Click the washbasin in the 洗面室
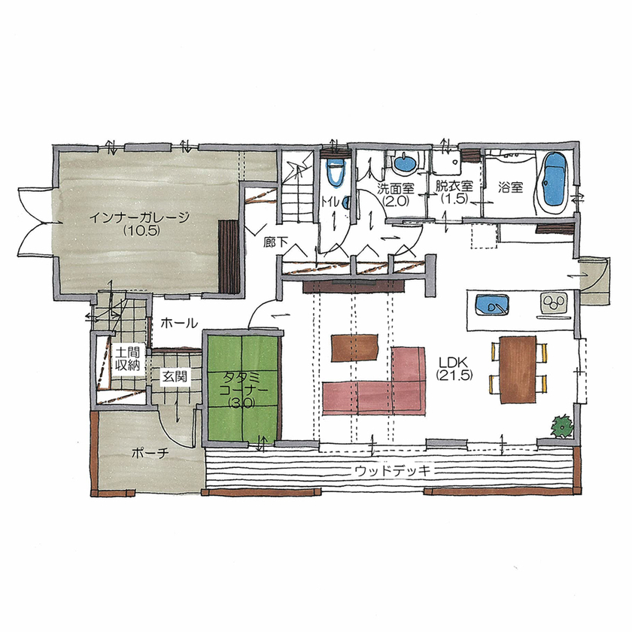coord(405,162)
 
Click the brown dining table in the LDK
coord(517,369)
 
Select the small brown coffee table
coord(354,347)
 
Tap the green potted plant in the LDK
coord(561,426)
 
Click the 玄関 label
coord(175,376)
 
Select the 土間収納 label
coord(126,359)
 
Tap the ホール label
coord(179,323)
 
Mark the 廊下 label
coord(275,242)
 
